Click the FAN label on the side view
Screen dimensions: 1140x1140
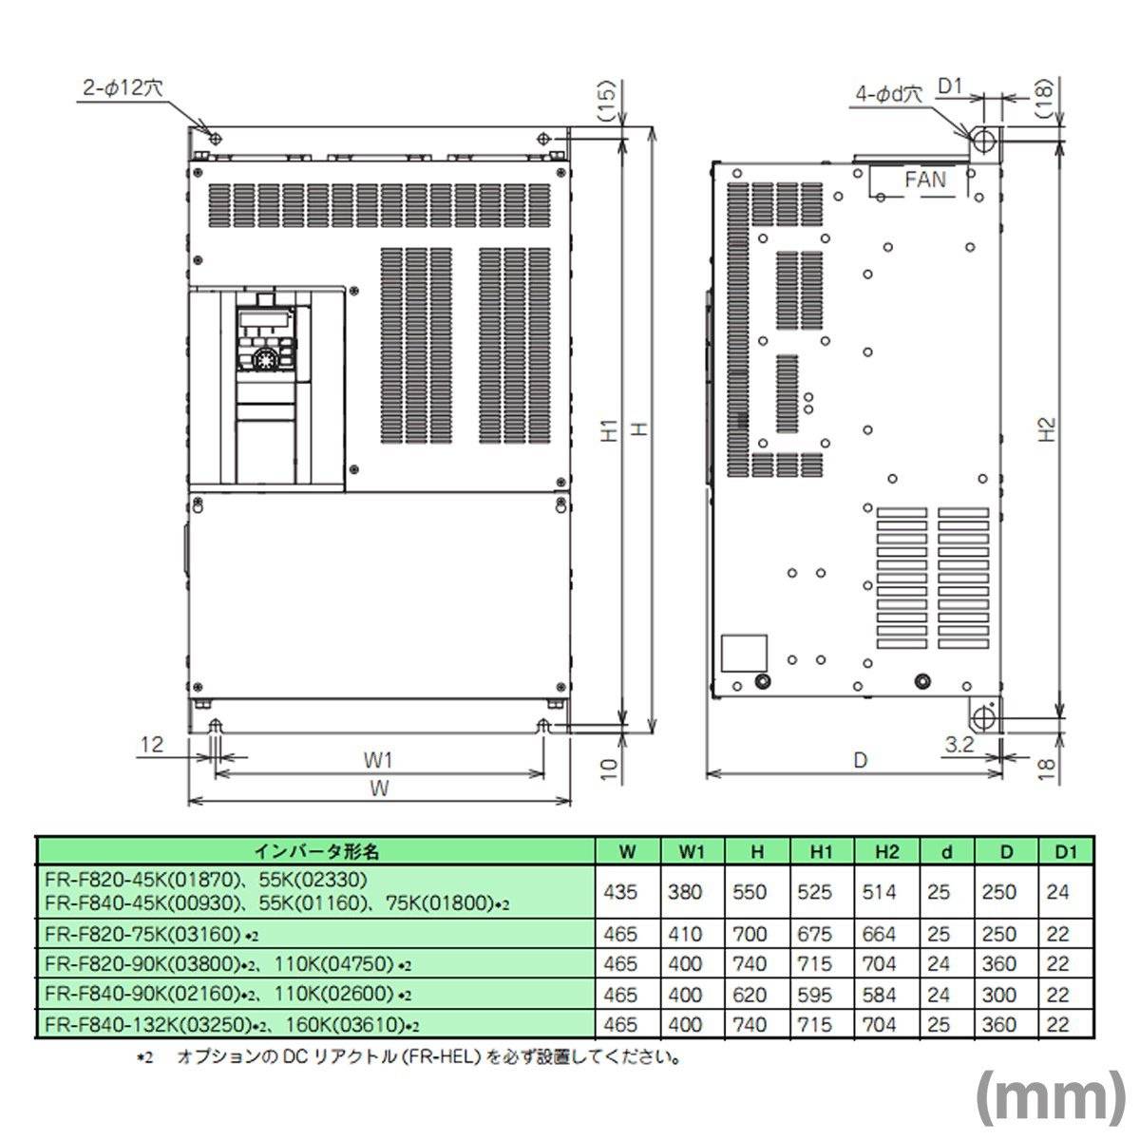click(x=925, y=180)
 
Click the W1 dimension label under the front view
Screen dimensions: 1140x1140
click(x=378, y=759)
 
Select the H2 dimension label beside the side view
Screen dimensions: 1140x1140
click(x=1046, y=430)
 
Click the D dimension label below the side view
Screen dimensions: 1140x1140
click(x=860, y=760)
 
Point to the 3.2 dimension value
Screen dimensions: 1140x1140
click(x=959, y=746)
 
